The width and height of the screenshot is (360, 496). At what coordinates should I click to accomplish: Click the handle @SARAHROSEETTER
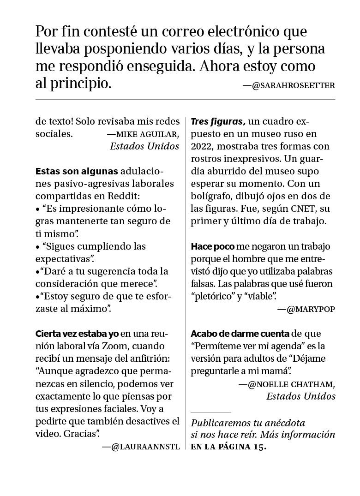294,85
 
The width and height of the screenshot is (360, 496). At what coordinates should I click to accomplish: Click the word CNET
304,209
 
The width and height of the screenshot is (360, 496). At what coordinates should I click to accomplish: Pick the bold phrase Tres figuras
217,122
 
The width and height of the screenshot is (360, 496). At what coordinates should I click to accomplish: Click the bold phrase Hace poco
213,246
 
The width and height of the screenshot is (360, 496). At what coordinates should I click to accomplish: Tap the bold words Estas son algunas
77,171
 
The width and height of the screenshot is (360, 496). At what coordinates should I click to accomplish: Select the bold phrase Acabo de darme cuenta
240,334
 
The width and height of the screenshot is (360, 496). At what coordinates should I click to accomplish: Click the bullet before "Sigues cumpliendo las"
38,247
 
